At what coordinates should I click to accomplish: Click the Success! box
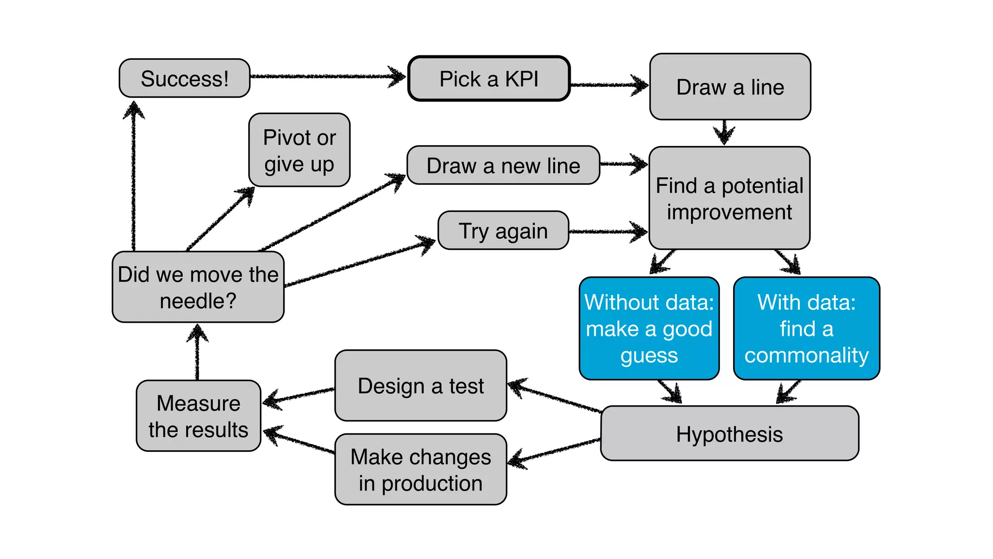point(184,79)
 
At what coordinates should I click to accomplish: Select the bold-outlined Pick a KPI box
point(489,79)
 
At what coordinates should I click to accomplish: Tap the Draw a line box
point(730,87)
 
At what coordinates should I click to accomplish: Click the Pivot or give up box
point(299,150)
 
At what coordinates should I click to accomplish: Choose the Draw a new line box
point(503,165)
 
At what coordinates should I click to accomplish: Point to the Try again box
point(503,230)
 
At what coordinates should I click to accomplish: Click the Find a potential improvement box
point(729,198)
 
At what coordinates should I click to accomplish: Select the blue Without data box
point(649,329)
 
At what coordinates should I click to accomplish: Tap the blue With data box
point(806,329)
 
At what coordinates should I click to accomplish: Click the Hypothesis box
point(729,434)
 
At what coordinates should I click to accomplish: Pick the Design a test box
point(420,386)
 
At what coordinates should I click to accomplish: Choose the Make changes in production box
point(420,470)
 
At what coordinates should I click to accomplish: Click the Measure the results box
point(198,416)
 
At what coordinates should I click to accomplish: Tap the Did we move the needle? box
point(198,287)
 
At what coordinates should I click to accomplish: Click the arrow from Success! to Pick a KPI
point(325,76)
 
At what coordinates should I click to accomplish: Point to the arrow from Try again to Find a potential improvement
point(606,231)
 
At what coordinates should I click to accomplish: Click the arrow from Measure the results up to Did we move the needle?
point(197,352)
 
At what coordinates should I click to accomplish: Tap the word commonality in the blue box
point(806,355)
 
